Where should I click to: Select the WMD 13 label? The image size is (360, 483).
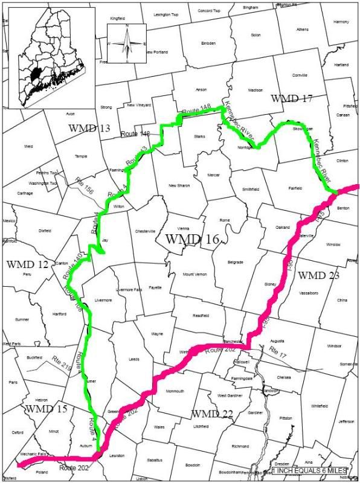90,128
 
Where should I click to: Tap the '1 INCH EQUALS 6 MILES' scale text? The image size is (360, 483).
309,470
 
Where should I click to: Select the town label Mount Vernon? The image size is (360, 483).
194,274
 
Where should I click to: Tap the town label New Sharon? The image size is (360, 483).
179,185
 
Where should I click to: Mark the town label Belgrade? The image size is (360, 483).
235,262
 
